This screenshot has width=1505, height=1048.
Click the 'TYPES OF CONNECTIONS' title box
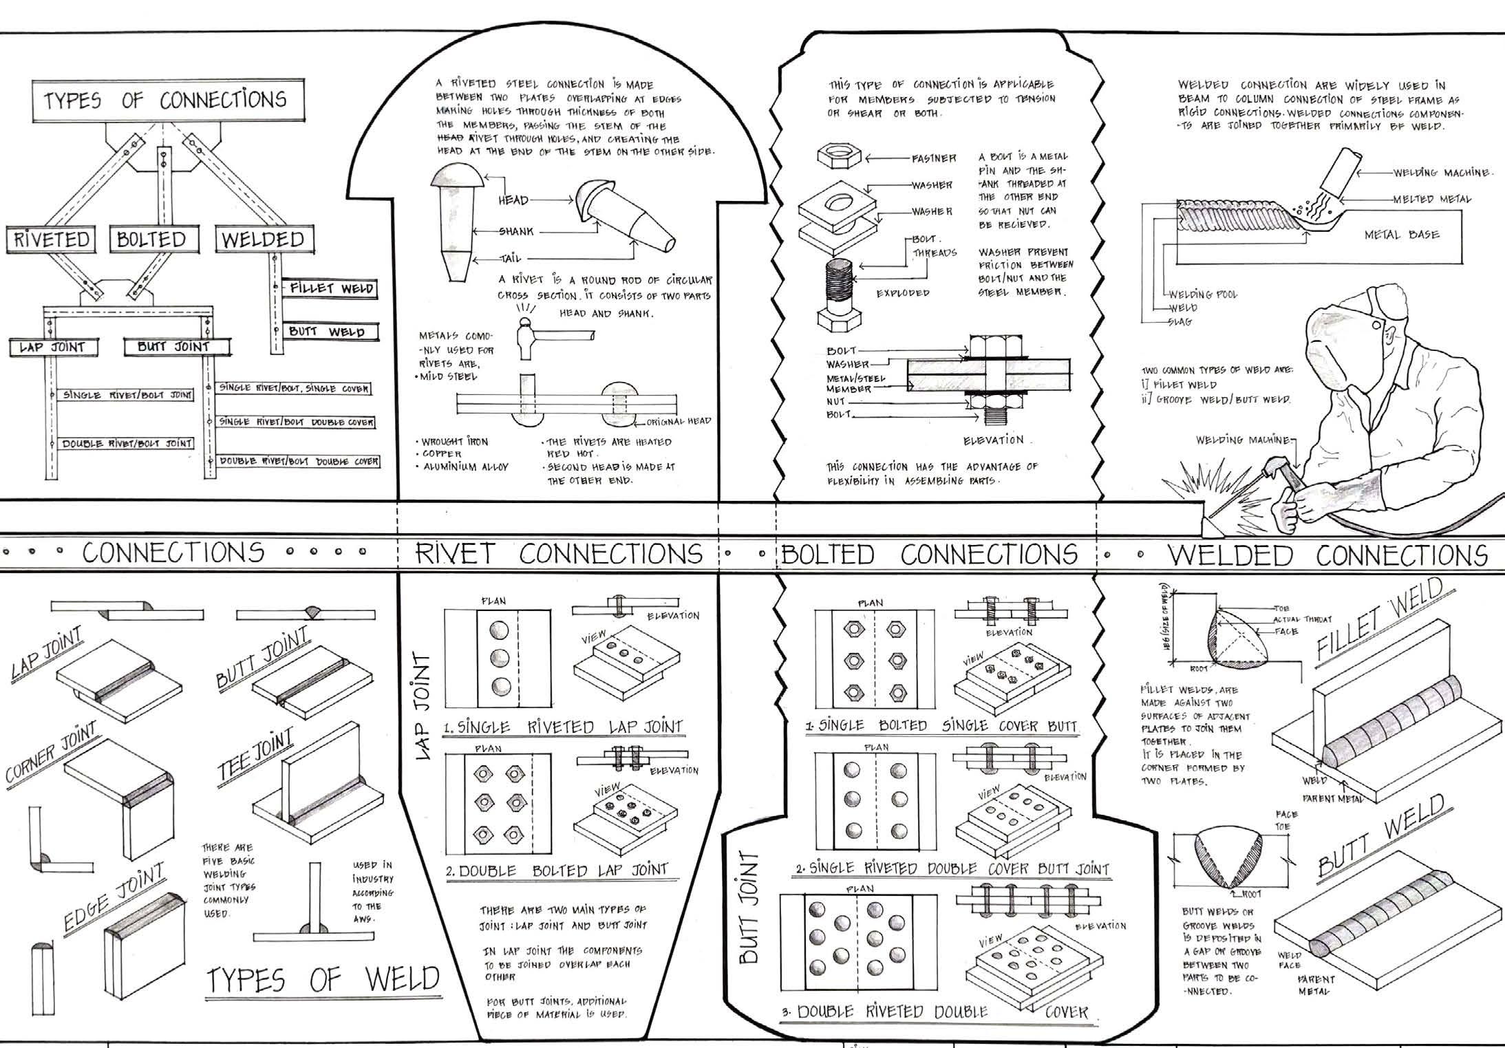coord(164,101)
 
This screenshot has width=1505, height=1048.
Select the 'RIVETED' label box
coord(52,239)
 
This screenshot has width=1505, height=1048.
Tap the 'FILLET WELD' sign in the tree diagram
coord(331,288)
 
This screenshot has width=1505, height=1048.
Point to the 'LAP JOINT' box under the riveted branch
coord(52,347)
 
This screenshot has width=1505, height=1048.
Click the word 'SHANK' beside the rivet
coord(517,232)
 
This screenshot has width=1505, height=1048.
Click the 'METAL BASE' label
coord(1402,235)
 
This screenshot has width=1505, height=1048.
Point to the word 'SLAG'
coord(1180,322)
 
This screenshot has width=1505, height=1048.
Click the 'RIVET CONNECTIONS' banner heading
coord(558,554)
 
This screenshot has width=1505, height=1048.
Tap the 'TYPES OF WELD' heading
coord(323,980)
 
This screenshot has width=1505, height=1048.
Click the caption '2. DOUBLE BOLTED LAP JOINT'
coord(557,870)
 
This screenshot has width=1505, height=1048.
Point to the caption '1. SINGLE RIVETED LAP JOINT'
coord(562,727)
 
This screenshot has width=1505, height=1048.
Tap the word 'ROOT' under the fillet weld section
coord(1199,668)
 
